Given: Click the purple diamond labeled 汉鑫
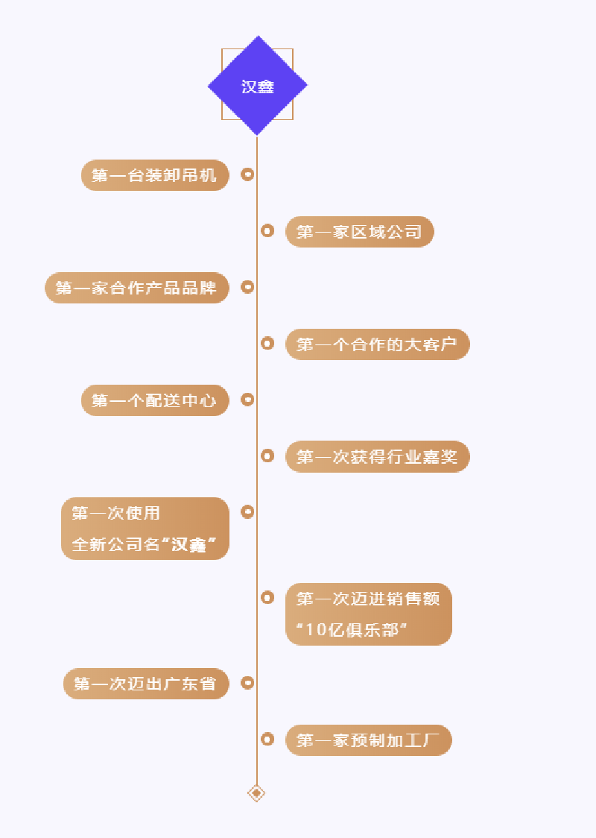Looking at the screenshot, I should pyautogui.click(x=257, y=86).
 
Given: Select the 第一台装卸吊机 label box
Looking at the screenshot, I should pyautogui.click(x=155, y=175).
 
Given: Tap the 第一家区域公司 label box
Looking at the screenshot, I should pyautogui.click(x=359, y=232).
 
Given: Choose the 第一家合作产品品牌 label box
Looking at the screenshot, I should pyautogui.click(x=137, y=288).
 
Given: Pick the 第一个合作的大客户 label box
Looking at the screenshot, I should pyautogui.click(x=377, y=344).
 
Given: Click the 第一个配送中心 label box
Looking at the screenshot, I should pyautogui.click(x=155, y=400).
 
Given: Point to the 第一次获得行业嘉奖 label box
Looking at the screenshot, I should pyautogui.click(x=377, y=457).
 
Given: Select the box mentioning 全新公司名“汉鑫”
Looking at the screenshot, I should pyautogui.click(x=145, y=529).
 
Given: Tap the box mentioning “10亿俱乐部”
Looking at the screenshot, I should pyautogui.click(x=368, y=614).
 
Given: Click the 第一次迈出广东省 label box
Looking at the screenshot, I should pyautogui.click(x=146, y=684).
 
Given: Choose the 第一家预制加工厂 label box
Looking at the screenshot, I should pyautogui.click(x=368, y=740).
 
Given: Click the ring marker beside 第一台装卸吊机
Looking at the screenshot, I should pyautogui.click(x=248, y=174).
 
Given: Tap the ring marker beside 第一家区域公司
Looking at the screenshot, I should pyautogui.click(x=267, y=231).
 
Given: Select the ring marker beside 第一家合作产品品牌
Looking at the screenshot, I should pyautogui.click(x=248, y=287).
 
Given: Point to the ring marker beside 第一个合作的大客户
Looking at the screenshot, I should pyautogui.click(x=267, y=343).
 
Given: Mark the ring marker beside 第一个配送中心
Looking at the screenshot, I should pyautogui.click(x=248, y=400).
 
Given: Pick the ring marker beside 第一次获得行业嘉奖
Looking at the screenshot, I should pyautogui.click(x=267, y=456).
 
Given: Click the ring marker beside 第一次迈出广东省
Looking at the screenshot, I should pyautogui.click(x=248, y=682).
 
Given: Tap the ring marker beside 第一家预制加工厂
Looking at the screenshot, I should pyautogui.click(x=267, y=739).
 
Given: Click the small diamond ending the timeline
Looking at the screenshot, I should pyautogui.click(x=256, y=793).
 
